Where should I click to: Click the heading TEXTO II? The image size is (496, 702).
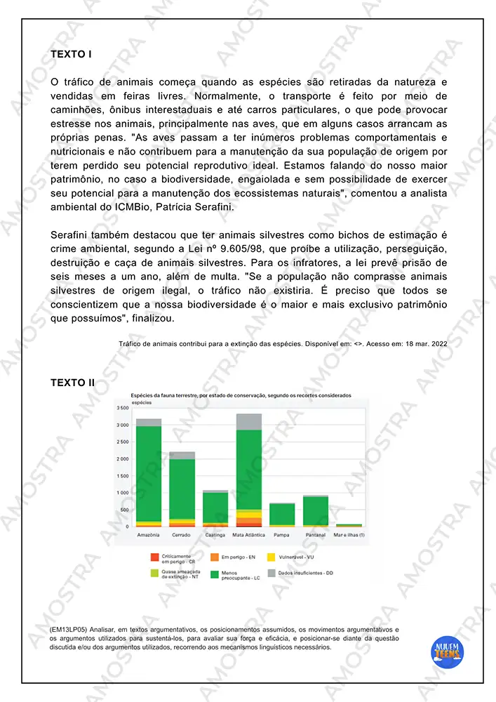(73, 383)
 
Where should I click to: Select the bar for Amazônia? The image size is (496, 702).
(149, 474)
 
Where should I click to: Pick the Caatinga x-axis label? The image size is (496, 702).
(215, 535)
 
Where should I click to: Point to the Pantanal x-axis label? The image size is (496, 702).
(316, 535)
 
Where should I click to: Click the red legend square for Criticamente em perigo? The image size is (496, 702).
(154, 557)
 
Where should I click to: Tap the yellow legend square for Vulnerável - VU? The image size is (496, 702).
(271, 557)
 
